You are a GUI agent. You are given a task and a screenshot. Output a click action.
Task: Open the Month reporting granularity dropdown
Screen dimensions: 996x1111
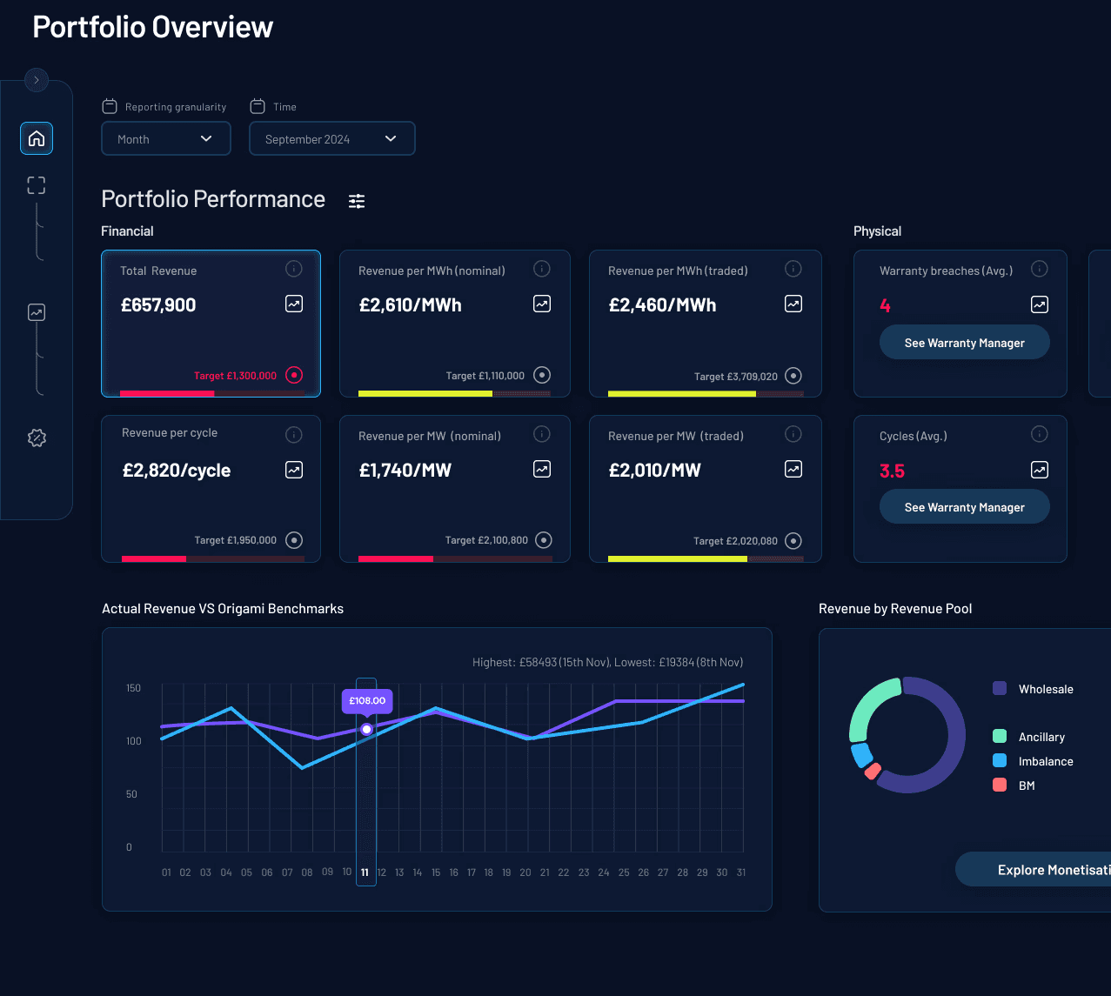pos(165,139)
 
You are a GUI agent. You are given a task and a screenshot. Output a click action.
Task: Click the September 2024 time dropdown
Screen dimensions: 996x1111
pos(331,139)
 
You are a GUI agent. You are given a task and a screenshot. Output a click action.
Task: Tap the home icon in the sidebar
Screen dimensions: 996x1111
pos(37,138)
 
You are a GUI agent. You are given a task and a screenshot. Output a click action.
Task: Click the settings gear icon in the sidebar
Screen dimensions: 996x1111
pos(37,438)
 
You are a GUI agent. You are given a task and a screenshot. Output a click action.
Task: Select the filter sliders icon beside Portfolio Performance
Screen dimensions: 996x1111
pos(357,201)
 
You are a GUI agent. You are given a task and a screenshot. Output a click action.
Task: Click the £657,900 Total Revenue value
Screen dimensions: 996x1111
pos(158,305)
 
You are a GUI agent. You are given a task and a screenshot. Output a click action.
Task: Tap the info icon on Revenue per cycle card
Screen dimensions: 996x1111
pos(294,434)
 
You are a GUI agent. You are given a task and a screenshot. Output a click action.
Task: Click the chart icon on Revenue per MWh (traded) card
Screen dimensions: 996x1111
pos(793,304)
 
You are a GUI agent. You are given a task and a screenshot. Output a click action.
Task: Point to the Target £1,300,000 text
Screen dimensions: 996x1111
pos(235,376)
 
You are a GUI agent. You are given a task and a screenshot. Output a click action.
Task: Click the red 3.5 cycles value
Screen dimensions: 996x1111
pos(892,471)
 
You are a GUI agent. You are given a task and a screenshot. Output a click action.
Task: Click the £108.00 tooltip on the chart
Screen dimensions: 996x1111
pos(367,700)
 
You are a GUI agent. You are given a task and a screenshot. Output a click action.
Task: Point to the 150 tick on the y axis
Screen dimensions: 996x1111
pos(133,688)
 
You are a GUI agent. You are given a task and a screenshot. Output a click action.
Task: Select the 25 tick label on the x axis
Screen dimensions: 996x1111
pos(624,872)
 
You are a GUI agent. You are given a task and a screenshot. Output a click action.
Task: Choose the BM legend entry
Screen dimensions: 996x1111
pos(1026,785)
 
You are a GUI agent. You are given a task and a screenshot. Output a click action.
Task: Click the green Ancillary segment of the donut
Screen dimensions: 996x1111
pos(873,703)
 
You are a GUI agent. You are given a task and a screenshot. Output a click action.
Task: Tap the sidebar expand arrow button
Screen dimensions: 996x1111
pos(37,80)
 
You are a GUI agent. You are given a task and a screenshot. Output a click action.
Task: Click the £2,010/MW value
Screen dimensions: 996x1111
pos(654,471)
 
